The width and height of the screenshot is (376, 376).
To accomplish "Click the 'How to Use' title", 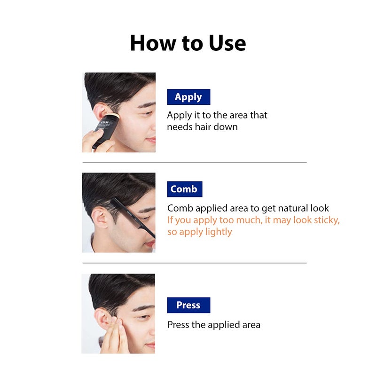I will (x=188, y=43).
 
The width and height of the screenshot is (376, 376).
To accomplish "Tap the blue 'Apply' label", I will (x=188, y=97).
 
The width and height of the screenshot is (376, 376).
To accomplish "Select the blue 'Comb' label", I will (x=184, y=189).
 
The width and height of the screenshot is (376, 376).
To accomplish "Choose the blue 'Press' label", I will (x=188, y=305).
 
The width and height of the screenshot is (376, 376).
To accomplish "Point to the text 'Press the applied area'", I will (x=214, y=325).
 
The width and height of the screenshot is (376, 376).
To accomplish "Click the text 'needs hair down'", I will (x=202, y=127).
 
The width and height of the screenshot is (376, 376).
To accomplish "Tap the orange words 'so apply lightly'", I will (x=200, y=232).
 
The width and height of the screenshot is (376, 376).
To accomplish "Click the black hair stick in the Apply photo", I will (x=104, y=127).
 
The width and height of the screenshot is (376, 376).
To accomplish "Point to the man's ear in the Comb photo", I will (x=99, y=218).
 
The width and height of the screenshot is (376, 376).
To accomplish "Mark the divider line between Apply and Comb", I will (x=195, y=163).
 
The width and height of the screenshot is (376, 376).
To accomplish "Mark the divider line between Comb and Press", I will (x=195, y=263).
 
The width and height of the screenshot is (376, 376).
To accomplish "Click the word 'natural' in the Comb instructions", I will (x=283, y=208).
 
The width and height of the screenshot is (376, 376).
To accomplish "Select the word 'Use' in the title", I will (x=226, y=43).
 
